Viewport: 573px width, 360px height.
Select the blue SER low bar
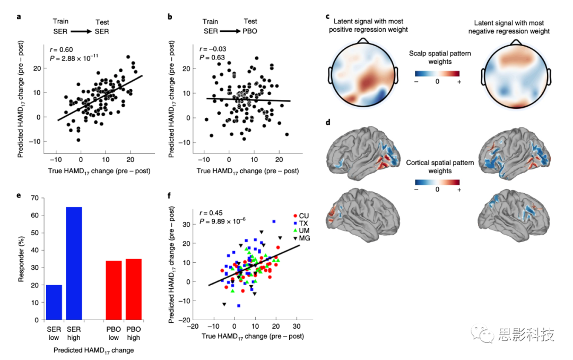click(x=55, y=302)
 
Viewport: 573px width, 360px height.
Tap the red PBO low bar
click(x=114, y=290)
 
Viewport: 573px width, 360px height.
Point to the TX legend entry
click(x=300, y=224)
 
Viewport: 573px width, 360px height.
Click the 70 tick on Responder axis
click(x=34, y=198)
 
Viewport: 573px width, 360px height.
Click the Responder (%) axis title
click(x=21, y=259)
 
